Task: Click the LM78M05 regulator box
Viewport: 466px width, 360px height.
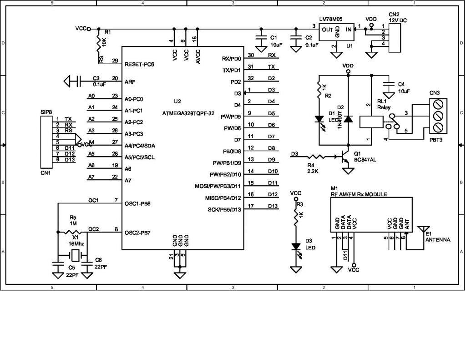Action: click(x=337, y=32)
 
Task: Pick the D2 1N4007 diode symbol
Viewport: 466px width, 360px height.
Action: click(x=348, y=119)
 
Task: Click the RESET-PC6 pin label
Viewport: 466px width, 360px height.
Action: click(x=139, y=64)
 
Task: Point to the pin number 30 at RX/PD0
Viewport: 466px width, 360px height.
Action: click(x=251, y=55)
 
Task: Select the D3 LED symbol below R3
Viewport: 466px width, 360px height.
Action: click(x=296, y=247)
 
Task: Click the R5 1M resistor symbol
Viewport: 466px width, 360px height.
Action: click(x=73, y=232)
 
